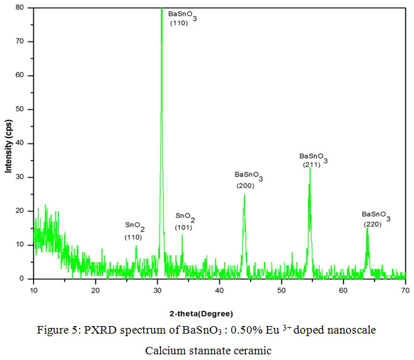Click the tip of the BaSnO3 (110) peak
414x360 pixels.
[x=161, y=8]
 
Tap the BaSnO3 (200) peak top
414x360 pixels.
[x=244, y=195]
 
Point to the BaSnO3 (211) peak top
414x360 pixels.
[x=310, y=168]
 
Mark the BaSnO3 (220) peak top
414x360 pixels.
[x=367, y=228]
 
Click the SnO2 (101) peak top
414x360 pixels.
[x=182, y=235]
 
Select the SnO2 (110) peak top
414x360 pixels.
[x=136, y=246]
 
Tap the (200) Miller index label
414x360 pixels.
[x=246, y=186]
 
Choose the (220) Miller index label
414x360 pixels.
[x=373, y=224]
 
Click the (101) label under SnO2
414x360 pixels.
[x=183, y=227]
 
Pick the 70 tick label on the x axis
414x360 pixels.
[x=405, y=290]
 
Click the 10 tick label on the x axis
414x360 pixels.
[x=33, y=290]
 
